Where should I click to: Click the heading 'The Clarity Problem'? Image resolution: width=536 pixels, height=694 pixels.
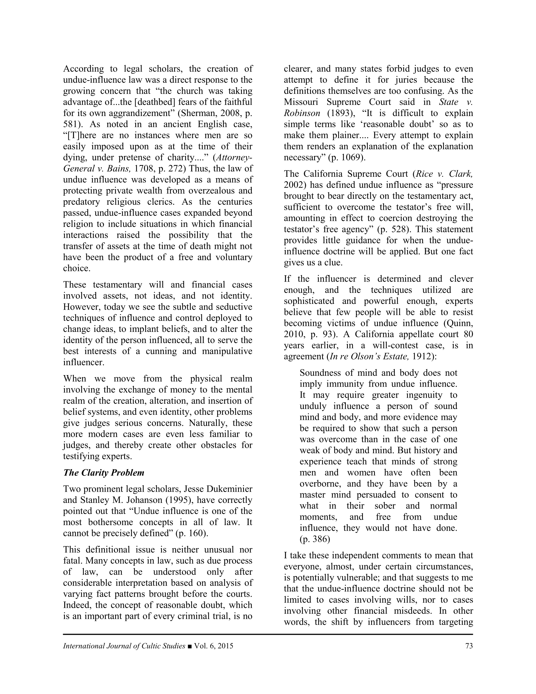(x=104, y=472)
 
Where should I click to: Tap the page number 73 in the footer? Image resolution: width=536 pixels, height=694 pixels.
(x=469, y=646)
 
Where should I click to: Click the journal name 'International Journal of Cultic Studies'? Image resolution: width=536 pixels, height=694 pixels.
(x=124, y=646)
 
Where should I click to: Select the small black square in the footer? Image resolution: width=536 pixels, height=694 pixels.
(x=190, y=646)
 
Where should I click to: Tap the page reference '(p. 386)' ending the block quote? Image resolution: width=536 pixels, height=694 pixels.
(x=315, y=539)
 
